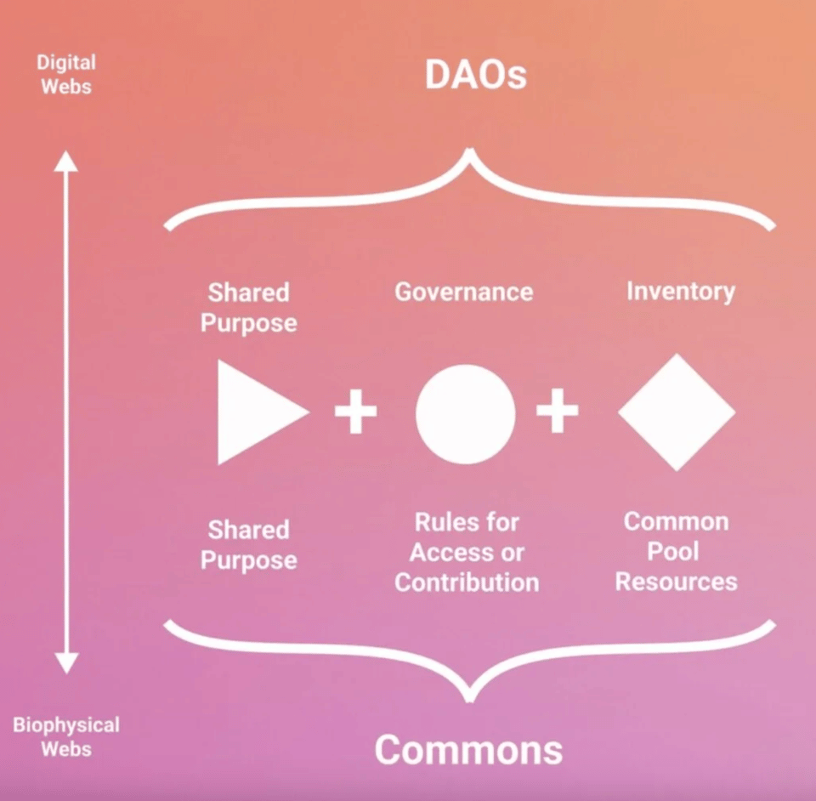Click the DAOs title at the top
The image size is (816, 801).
[476, 76]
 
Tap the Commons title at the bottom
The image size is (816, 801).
[468, 750]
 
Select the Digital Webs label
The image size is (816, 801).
[65, 74]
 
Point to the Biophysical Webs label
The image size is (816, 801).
[65, 736]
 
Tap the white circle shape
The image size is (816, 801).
[465, 413]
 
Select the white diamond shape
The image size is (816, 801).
[677, 412]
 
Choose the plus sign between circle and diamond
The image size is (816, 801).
[557, 412]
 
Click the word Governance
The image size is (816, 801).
[464, 292]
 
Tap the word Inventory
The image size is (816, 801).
[680, 291]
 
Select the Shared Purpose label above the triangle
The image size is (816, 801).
[249, 308]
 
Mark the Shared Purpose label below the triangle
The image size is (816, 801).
[249, 545]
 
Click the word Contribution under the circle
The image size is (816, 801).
[467, 582]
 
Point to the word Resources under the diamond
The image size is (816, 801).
[676, 582]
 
